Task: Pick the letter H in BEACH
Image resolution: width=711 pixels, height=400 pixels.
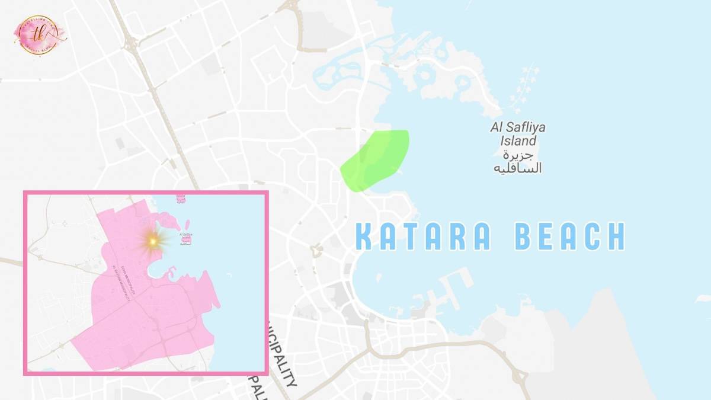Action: click(x=616, y=236)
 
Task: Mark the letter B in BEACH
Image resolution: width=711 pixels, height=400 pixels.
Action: click(x=524, y=236)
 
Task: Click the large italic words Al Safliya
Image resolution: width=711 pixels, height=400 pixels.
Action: click(x=517, y=127)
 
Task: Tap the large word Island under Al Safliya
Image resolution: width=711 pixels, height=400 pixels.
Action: click(x=518, y=141)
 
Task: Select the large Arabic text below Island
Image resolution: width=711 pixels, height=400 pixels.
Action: click(x=517, y=162)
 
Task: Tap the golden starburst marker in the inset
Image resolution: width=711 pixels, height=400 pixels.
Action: click(x=153, y=241)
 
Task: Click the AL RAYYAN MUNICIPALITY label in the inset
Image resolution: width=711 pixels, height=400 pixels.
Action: click(x=121, y=284)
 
